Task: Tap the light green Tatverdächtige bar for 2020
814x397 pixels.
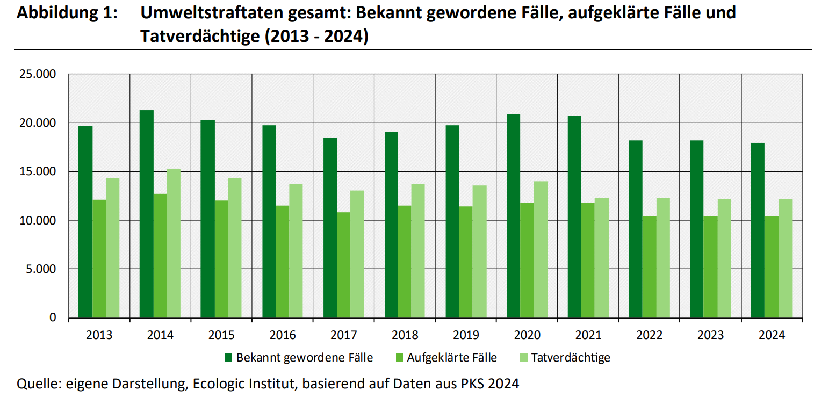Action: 541,249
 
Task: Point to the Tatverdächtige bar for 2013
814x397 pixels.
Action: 112,248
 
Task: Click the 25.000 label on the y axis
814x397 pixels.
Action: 38,74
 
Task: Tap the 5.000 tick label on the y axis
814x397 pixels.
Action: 41,269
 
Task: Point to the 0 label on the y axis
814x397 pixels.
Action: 53,317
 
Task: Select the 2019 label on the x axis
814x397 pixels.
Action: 466,335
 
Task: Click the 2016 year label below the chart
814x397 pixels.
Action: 283,335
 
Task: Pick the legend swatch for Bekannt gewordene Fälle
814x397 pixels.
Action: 228,357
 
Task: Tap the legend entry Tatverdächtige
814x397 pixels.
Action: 571,357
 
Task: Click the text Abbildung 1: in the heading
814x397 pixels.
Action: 67,13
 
